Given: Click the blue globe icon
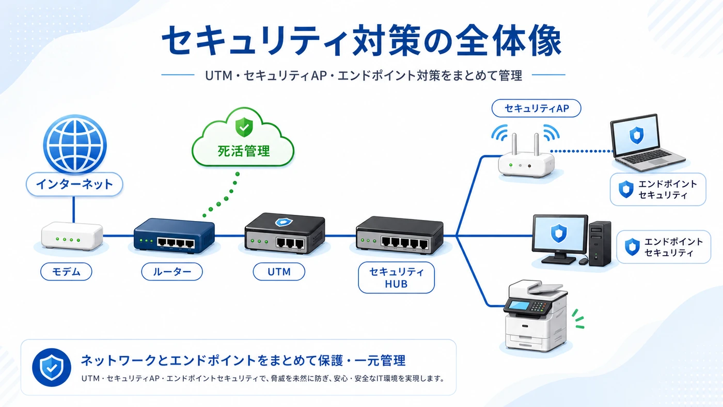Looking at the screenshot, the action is click(75, 144).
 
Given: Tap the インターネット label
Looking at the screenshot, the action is click(74, 184).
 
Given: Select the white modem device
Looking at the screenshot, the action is click(72, 236).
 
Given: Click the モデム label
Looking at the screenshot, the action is click(66, 272).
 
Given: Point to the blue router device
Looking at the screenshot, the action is click(174, 236).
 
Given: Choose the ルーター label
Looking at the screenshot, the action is click(171, 272).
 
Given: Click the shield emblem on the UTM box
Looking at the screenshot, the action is click(284, 222).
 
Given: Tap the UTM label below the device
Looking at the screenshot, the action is click(279, 272).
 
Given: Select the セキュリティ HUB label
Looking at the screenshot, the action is click(397, 277).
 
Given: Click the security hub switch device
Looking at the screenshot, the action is click(400, 235).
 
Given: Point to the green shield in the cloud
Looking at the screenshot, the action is click(244, 127).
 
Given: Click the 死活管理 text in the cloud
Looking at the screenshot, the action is click(244, 151).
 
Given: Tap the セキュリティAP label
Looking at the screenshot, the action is click(536, 108).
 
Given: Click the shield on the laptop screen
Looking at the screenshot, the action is click(636, 135).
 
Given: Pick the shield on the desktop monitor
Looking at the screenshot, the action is click(559, 233).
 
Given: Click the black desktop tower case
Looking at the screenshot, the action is click(600, 244).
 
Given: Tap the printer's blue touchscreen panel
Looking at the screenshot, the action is click(519, 305).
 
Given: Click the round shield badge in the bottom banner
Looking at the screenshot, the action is click(52, 367).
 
